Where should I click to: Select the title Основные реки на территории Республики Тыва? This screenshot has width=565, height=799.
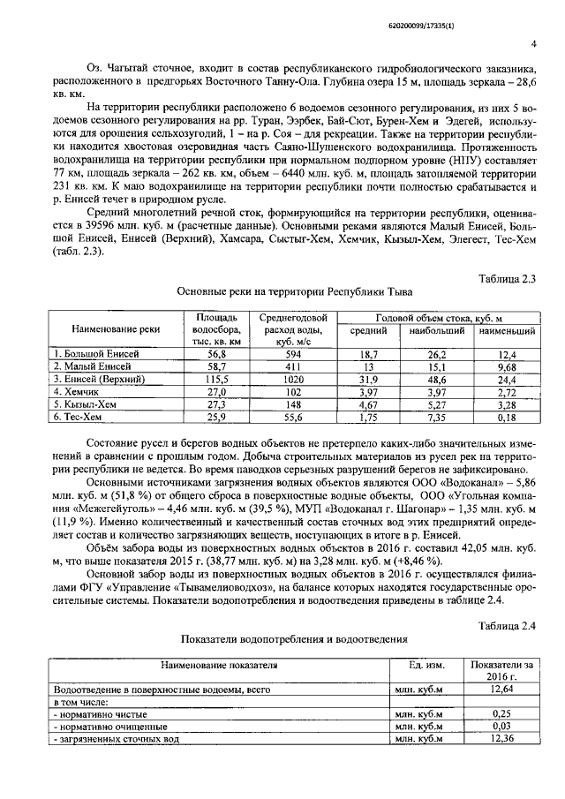[x=293, y=290]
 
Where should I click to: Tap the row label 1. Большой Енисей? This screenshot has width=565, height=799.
[x=94, y=353]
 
